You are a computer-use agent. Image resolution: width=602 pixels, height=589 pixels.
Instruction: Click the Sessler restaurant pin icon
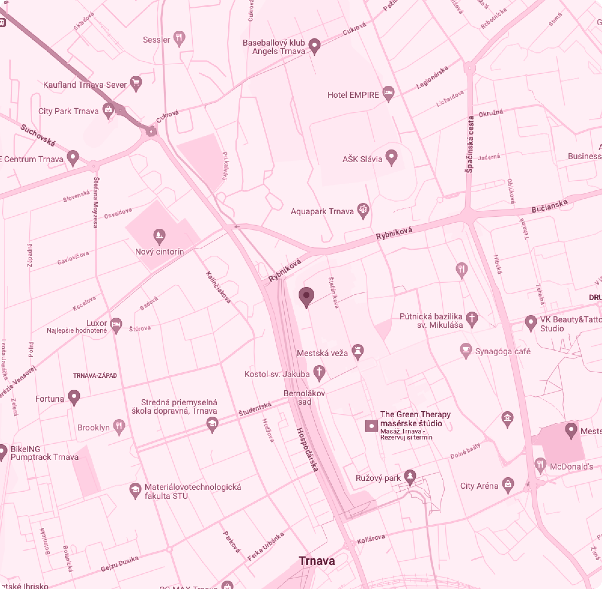(179, 38)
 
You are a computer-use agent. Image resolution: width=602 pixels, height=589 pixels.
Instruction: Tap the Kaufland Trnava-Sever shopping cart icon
(136, 83)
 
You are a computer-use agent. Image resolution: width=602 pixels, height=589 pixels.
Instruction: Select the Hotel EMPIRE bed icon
(388, 93)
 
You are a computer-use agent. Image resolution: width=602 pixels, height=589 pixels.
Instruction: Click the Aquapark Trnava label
(322, 212)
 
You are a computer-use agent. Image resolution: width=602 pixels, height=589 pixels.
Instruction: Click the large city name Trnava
(317, 561)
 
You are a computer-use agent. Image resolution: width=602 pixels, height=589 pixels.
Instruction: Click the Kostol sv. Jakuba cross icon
(319, 372)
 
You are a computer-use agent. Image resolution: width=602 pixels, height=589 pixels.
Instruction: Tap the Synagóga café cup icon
(466, 350)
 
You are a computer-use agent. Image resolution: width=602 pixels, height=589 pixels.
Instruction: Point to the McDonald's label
(571, 467)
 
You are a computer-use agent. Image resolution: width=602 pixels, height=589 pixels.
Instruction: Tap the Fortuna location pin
(74, 397)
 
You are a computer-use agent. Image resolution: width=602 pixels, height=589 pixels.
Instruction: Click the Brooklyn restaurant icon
(119, 426)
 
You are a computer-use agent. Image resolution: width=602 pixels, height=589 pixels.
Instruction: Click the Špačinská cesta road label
(470, 144)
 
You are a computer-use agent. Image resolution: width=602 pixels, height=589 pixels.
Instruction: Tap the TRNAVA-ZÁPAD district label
(95, 376)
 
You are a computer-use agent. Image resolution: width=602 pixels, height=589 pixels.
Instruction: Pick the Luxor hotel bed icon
(116, 324)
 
